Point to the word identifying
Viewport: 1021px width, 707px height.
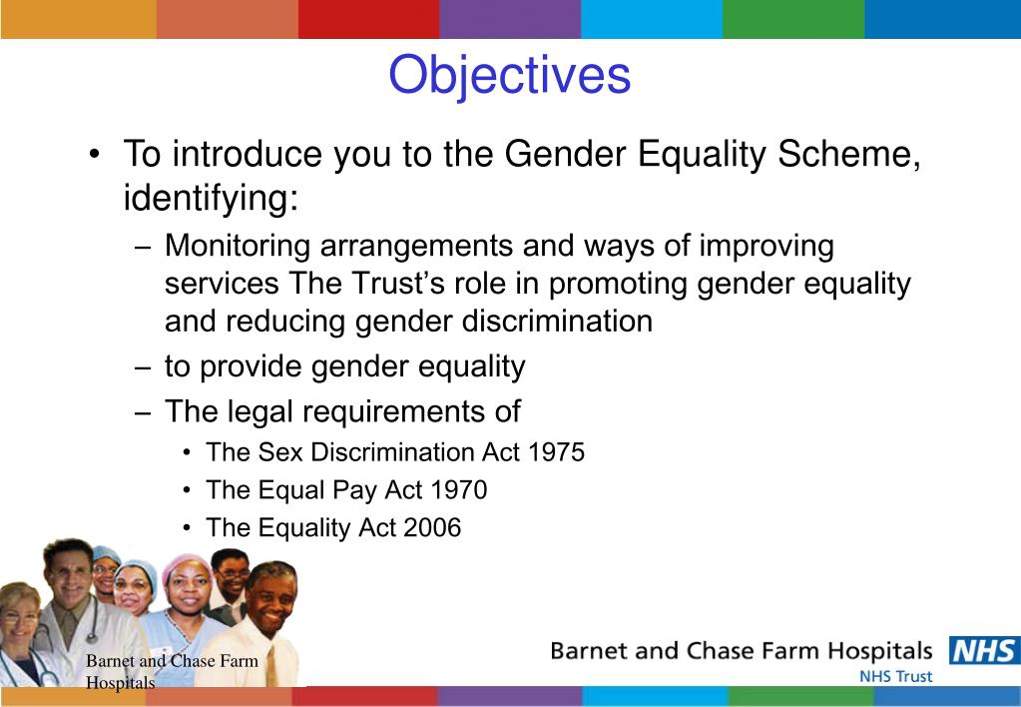click(211, 199)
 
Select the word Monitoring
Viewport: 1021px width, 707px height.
click(238, 247)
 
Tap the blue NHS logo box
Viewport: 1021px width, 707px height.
click(984, 651)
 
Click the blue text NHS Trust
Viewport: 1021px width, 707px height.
click(895, 676)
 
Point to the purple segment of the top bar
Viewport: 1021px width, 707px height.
click(511, 19)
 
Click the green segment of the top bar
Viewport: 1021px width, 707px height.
click(793, 19)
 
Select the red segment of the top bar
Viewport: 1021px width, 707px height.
click(369, 19)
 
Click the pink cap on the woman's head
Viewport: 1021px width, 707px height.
click(185, 565)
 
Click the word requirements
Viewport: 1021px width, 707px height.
click(389, 412)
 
